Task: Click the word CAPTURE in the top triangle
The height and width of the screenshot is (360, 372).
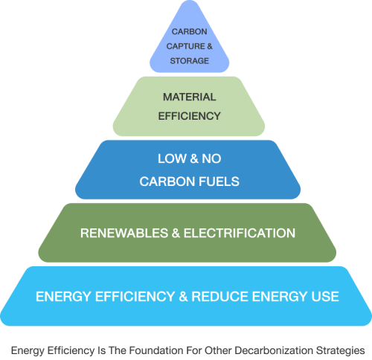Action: click(x=185, y=46)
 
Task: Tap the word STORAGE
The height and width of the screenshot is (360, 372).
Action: click(x=190, y=61)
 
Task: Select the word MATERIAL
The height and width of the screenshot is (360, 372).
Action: click(x=190, y=97)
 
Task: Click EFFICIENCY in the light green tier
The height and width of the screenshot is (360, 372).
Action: click(x=190, y=116)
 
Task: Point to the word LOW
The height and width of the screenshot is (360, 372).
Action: click(x=172, y=158)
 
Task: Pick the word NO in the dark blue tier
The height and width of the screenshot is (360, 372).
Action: click(x=211, y=158)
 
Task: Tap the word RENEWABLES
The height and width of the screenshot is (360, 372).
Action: click(x=124, y=234)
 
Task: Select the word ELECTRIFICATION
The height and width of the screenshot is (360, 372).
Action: click(x=240, y=234)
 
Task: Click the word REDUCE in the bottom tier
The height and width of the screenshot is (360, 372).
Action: click(x=220, y=297)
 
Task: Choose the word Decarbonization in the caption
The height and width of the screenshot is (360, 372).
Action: click(x=274, y=351)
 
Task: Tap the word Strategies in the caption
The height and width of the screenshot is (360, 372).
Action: click(x=340, y=351)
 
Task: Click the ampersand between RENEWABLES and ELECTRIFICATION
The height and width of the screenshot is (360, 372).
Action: click(x=176, y=234)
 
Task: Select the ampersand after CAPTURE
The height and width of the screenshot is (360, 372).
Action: click(x=210, y=46)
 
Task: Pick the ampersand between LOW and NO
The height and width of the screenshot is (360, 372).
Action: click(x=194, y=158)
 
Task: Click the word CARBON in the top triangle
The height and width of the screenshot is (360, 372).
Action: click(x=190, y=32)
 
